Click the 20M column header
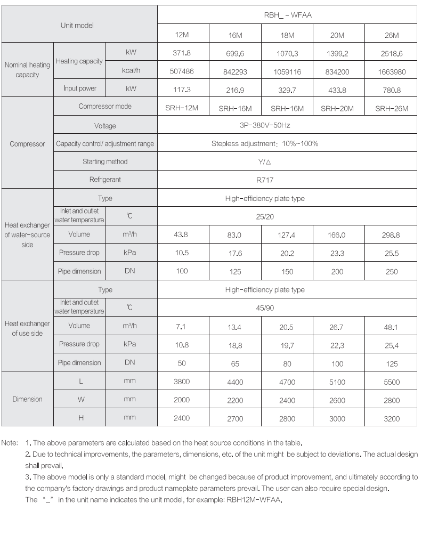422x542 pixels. point(337,35)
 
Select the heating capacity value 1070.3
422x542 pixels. point(287,54)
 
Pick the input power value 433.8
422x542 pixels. point(337,90)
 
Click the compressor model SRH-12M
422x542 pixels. point(182,108)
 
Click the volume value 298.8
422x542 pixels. point(392,234)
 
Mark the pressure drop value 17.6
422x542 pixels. point(235,254)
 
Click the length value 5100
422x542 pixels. point(337,382)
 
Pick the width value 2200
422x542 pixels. point(235,400)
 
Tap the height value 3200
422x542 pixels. point(392,419)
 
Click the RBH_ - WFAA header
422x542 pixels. point(288,15)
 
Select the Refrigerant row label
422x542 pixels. point(105,180)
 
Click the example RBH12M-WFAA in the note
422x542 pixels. point(254,500)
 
